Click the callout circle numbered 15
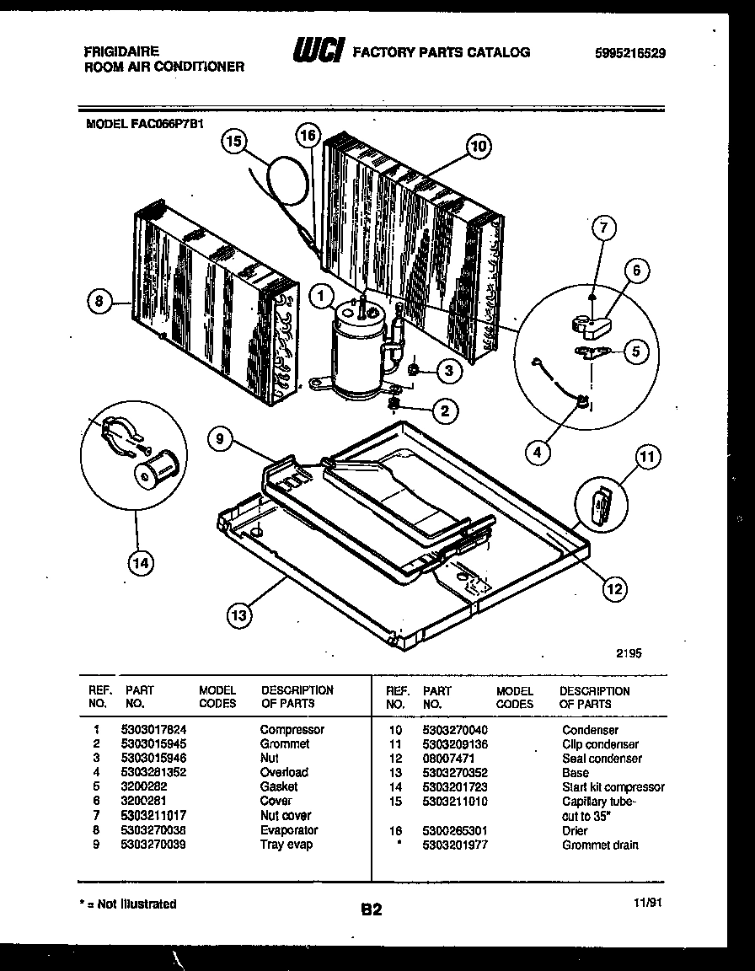pyautogui.click(x=235, y=143)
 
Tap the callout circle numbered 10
pyautogui.click(x=478, y=147)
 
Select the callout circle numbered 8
pyautogui.click(x=99, y=302)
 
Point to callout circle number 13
pyautogui.click(x=239, y=615)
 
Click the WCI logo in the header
pyautogui.click(x=317, y=52)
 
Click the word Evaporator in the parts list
pyautogui.click(x=289, y=829)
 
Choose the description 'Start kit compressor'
pyautogui.click(x=613, y=786)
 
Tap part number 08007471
pyautogui.click(x=449, y=758)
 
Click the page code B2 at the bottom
pyautogui.click(x=372, y=909)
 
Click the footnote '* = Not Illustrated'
pyautogui.click(x=127, y=904)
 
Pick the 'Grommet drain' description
pyautogui.click(x=600, y=844)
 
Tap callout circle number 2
pyautogui.click(x=445, y=410)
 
